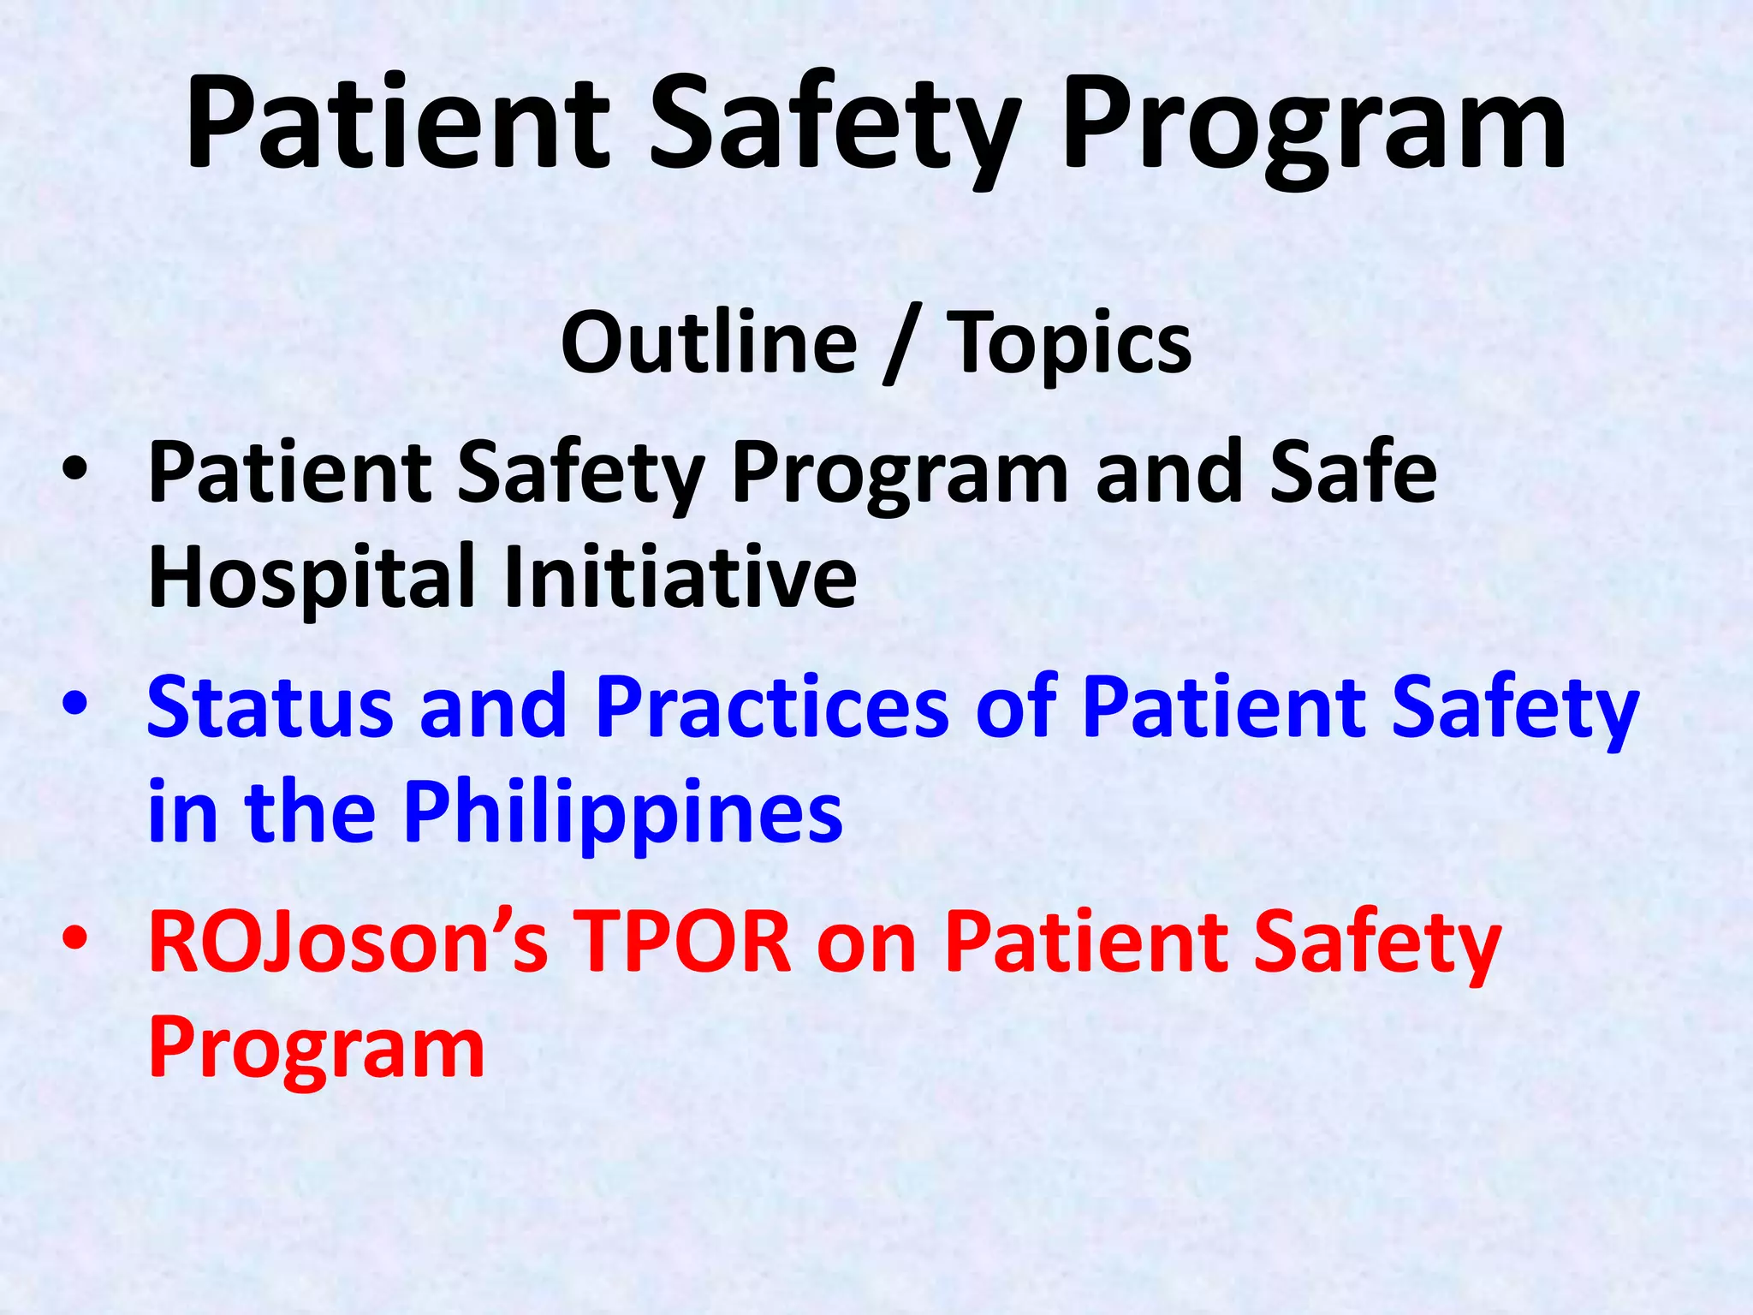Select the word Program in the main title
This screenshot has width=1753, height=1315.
[x=1314, y=128]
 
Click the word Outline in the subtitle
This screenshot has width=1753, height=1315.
[x=709, y=342]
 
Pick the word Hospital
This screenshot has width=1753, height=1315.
[x=312, y=578]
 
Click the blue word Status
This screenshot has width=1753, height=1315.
[x=270, y=706]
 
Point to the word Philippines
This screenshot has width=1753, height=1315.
[x=623, y=813]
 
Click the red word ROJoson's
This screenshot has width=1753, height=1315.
[x=348, y=942]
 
